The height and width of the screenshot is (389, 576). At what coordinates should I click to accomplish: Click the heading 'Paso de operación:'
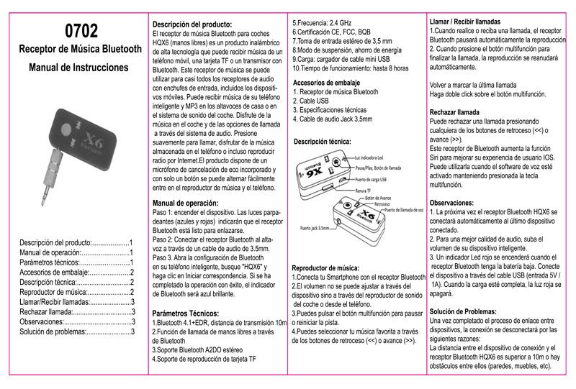point(186,203)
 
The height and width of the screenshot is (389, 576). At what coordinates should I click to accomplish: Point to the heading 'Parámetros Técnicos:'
point(186,314)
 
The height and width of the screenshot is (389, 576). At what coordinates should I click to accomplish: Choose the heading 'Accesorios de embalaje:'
point(327,83)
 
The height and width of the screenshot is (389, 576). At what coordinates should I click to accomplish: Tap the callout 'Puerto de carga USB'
point(374,178)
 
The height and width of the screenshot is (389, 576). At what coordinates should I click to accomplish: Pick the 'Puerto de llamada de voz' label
point(405,210)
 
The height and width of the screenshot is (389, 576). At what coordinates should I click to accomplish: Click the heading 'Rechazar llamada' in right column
point(454,113)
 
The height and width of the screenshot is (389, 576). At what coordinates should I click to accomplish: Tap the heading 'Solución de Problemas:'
point(462,310)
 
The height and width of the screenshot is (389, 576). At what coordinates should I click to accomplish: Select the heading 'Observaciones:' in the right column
point(451,203)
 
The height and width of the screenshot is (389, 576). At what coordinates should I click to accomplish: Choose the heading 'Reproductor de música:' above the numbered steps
point(325,267)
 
